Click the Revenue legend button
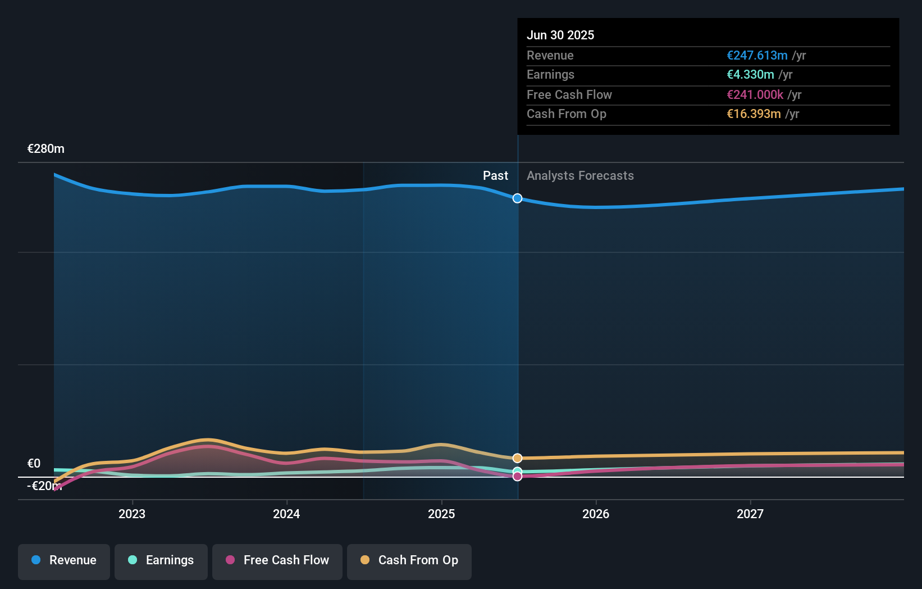64,560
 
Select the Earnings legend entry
161,560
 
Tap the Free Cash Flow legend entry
277,560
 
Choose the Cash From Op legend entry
409,560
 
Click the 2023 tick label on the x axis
132,514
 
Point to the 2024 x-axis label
286,514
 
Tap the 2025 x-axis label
441,514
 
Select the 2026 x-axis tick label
596,514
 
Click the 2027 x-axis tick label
750,514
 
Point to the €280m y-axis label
46,149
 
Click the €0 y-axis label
34,464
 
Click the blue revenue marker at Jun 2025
517,198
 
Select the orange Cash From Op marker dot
517,458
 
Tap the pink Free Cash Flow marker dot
517,477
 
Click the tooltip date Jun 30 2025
560,35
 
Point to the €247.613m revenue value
757,56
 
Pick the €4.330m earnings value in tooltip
750,75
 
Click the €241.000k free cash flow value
755,95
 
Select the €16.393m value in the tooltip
754,114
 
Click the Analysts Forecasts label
580,176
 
